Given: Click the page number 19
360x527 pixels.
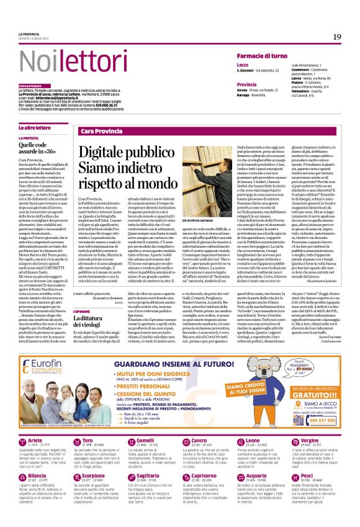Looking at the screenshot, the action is (x=336, y=37).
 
